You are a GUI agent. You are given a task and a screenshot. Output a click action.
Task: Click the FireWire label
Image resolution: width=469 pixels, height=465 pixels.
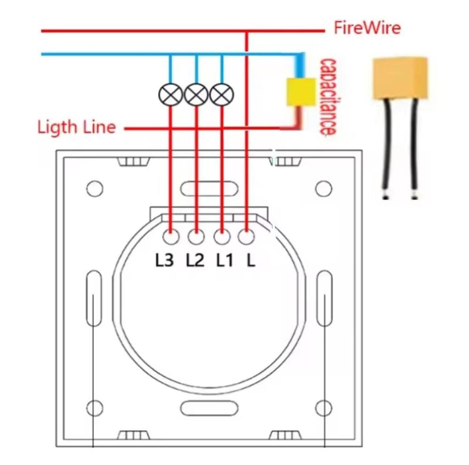(367, 28)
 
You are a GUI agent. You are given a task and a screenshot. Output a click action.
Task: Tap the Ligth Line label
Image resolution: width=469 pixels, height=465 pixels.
(76, 127)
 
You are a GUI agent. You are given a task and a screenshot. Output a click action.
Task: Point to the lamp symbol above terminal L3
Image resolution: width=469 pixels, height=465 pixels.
(170, 95)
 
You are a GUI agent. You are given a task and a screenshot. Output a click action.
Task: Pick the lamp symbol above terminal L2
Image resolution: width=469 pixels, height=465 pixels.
(196, 95)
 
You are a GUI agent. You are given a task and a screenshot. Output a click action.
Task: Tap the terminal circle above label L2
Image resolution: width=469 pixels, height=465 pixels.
(196, 237)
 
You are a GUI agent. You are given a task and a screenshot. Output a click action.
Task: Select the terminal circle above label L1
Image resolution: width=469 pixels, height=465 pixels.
(221, 237)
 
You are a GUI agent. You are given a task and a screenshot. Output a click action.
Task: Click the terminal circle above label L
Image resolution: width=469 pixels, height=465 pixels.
(246, 237)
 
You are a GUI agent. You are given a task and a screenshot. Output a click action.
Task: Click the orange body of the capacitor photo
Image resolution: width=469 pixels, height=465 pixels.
(400, 78)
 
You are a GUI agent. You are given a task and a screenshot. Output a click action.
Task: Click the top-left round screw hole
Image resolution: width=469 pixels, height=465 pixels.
(95, 188)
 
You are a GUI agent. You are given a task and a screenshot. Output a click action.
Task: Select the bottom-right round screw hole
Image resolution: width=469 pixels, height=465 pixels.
(324, 408)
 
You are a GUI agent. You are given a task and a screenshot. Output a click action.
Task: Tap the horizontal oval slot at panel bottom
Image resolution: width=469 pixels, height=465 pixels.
(209, 408)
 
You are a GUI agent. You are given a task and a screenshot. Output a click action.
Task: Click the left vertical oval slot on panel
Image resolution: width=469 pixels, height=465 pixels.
(94, 298)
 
